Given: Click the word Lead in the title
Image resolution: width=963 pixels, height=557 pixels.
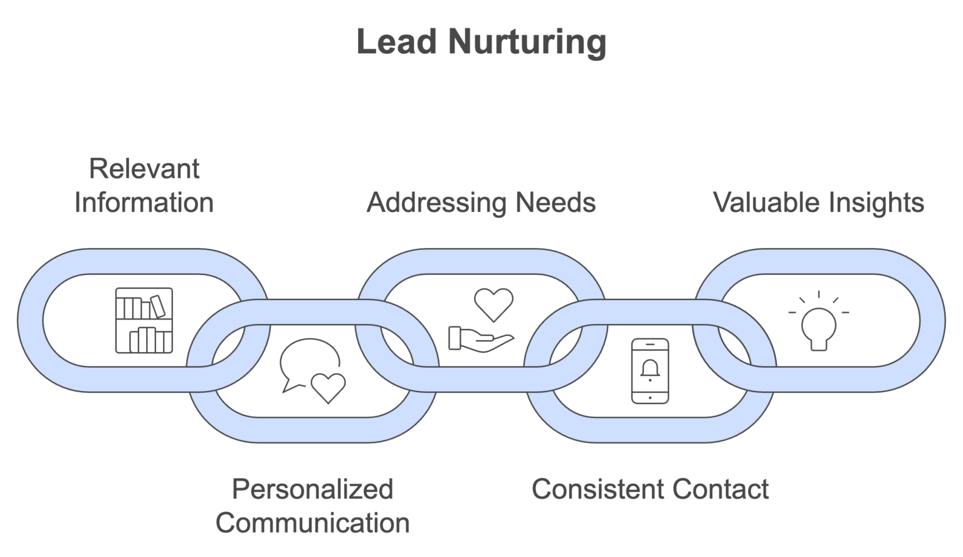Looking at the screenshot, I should coord(396,41).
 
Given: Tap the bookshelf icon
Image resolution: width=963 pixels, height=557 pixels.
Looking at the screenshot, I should coord(144,320).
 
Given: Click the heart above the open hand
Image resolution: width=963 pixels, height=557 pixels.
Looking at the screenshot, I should coord(493,304).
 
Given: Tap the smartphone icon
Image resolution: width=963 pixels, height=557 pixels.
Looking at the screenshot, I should coord(650,371).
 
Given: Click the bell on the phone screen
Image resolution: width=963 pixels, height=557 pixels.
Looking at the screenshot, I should coord(650,370).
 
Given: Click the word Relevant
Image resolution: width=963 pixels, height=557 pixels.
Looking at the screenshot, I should coord(144,169).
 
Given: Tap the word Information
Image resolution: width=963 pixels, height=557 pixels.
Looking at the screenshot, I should coord(144,203).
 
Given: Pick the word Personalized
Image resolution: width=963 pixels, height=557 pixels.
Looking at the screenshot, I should coord(312,489).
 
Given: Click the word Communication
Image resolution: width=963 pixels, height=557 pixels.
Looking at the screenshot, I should coord(312,523).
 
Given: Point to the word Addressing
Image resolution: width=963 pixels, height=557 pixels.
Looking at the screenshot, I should coord(436,203).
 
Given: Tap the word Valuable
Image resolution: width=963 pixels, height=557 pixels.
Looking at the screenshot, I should coord(766,203).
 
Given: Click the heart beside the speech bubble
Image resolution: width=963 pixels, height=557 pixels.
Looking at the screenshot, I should coord(328,387).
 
